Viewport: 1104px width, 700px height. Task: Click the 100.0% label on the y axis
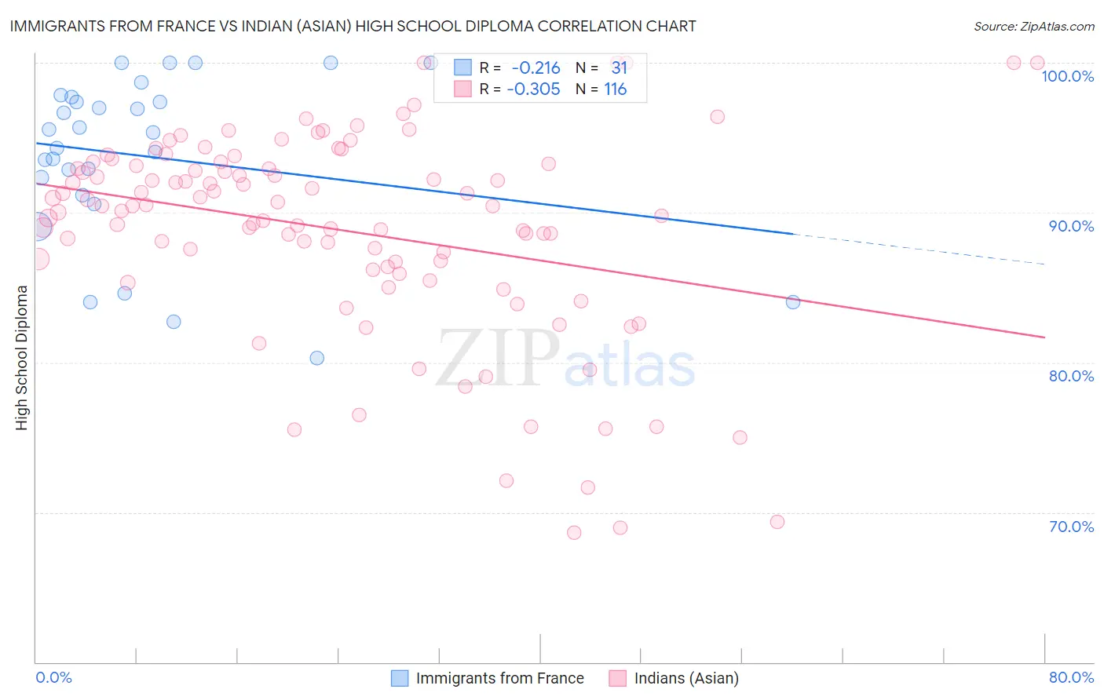click(1067, 76)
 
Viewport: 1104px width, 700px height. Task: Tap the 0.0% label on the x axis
click(53, 677)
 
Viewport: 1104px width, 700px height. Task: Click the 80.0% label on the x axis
click(1071, 677)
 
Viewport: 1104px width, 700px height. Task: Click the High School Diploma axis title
click(22, 358)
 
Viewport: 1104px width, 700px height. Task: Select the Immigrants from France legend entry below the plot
click(499, 678)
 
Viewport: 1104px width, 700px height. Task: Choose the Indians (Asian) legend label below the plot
click(686, 678)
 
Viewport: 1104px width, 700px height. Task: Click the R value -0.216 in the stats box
click(536, 68)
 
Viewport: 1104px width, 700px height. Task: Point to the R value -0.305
click(533, 89)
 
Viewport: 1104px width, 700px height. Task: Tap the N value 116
click(615, 89)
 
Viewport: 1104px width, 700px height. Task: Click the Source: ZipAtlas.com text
click(1033, 27)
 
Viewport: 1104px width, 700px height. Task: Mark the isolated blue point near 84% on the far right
click(793, 302)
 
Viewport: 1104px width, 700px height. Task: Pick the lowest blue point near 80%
click(317, 358)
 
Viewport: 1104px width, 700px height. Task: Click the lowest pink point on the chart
click(574, 533)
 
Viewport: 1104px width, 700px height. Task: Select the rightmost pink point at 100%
click(1037, 63)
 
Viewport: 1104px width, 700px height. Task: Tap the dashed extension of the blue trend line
click(919, 249)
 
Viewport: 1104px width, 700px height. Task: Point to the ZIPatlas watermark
click(565, 359)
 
